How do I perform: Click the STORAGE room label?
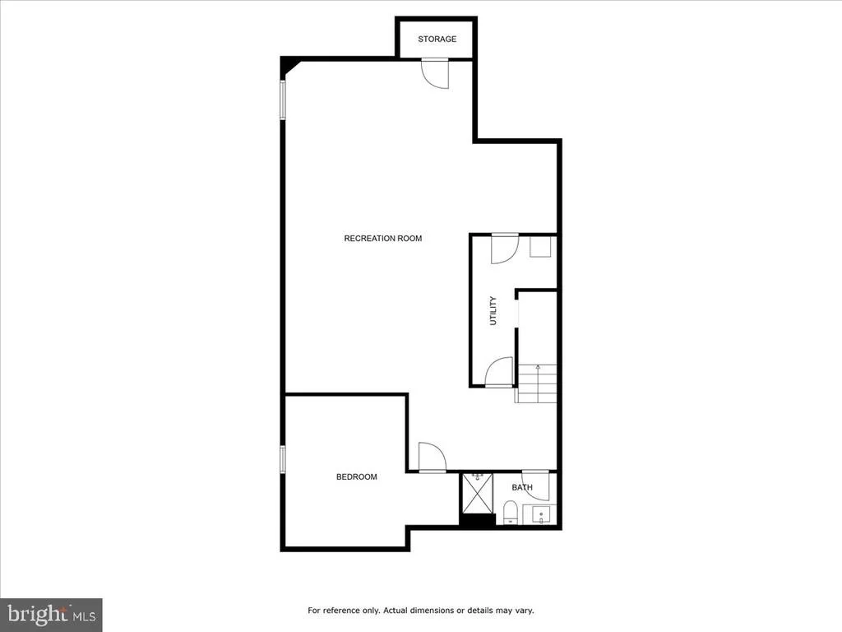pyautogui.click(x=437, y=39)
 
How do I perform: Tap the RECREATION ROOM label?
pyautogui.click(x=383, y=239)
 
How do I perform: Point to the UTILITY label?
pyautogui.click(x=493, y=310)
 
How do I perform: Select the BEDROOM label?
pyautogui.click(x=357, y=476)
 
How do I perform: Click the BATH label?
pyautogui.click(x=522, y=487)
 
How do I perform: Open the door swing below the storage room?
pyautogui.click(x=435, y=73)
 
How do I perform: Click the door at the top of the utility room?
pyautogui.click(x=504, y=249)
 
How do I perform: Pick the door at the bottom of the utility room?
pyautogui.click(x=499, y=372)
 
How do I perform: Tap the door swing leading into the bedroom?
pyautogui.click(x=433, y=458)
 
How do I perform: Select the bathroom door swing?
pyautogui.click(x=536, y=486)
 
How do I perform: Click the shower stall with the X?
pyautogui.click(x=478, y=494)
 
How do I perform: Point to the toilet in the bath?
pyautogui.click(x=510, y=512)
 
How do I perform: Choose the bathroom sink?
pyautogui.click(x=540, y=515)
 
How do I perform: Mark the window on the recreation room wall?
pyautogui.click(x=283, y=100)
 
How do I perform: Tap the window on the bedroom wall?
pyautogui.click(x=283, y=459)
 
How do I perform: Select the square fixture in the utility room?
pyautogui.click(x=541, y=247)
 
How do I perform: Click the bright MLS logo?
pyautogui.click(x=51, y=615)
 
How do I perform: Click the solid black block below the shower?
pyautogui.click(x=478, y=520)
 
